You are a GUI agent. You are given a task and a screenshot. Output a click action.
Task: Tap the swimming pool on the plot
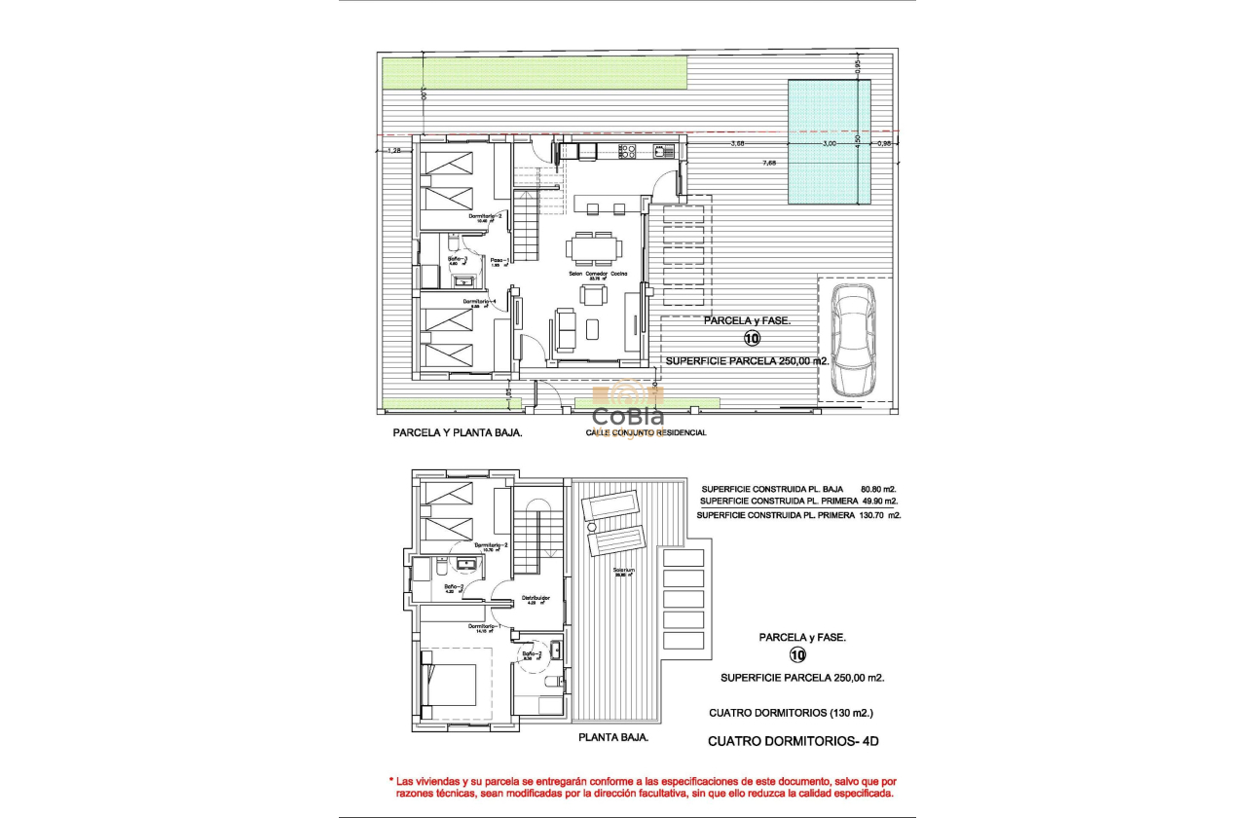(830, 142)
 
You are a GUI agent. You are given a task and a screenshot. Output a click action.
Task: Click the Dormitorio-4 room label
(481, 302)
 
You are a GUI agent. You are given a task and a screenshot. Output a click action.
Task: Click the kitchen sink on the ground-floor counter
(664, 151)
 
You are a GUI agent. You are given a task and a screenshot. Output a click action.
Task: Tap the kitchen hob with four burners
(628, 151)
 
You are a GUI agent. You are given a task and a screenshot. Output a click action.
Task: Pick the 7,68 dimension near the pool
(769, 163)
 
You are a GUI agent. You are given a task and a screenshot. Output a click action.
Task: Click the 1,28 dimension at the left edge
(395, 150)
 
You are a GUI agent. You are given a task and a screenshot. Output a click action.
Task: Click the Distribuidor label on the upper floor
(536, 598)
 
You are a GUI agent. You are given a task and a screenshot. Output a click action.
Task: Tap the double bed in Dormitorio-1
(449, 685)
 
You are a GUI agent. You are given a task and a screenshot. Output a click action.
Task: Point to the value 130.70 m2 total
(881, 514)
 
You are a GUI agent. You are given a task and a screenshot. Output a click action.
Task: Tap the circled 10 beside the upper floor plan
(798, 655)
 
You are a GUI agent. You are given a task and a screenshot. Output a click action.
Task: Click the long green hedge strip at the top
(535, 71)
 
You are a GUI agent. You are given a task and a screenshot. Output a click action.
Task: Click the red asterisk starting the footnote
(391, 781)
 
